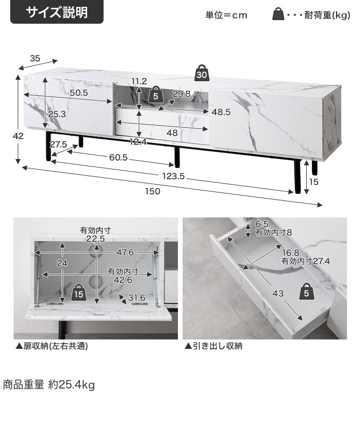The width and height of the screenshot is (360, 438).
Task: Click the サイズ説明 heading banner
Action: [57, 12]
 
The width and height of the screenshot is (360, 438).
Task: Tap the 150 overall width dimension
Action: [152, 191]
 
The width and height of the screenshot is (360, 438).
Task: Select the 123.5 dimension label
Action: [173, 176]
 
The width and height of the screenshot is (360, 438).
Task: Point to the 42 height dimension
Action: [18, 136]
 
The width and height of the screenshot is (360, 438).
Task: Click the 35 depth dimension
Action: [35, 58]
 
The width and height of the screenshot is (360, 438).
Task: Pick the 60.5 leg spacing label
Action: [118, 157]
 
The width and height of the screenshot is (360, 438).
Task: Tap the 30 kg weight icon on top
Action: [202, 73]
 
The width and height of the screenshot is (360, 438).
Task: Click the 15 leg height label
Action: [314, 182]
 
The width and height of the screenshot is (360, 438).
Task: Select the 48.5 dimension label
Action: [221, 112]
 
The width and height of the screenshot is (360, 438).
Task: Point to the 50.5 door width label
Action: [79, 93]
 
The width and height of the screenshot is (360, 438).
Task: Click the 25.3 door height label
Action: [57, 114]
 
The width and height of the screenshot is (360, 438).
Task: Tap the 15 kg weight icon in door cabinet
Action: [79, 293]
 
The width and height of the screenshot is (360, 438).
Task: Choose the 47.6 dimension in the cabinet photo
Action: [125, 252]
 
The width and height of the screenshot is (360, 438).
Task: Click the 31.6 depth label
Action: [137, 298]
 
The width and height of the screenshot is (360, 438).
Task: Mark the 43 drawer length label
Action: [278, 293]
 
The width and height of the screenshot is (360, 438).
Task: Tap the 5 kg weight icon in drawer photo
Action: [307, 292]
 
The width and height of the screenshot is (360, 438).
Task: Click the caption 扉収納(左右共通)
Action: [52, 346]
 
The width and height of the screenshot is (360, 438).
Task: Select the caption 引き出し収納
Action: [213, 346]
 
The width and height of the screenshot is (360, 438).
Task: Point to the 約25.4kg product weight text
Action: [71, 385]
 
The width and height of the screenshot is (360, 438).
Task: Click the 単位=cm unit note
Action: [226, 15]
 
